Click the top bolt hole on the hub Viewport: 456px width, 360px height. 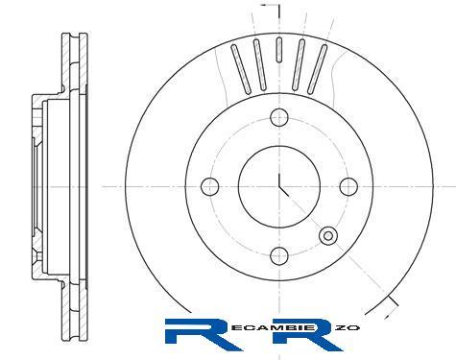279,117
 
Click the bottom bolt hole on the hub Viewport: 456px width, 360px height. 279,256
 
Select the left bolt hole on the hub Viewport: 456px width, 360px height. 210,186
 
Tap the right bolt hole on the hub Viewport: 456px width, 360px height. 348,186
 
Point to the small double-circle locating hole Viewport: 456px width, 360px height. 328,236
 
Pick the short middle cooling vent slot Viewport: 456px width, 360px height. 279,49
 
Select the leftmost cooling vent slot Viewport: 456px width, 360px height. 241,69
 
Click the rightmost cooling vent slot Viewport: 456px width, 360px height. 318,69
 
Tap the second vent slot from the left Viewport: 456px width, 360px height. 260,64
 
